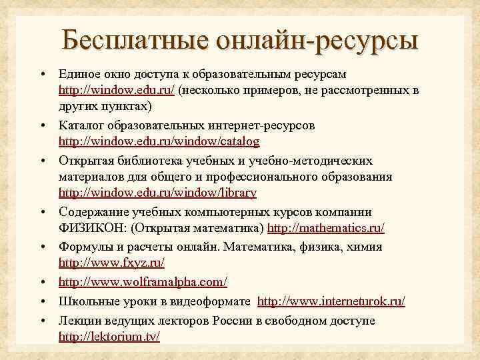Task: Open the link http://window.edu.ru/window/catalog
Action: (159, 142)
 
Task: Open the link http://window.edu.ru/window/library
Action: (157, 194)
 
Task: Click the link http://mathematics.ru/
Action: (326, 229)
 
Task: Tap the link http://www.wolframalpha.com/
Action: (143, 283)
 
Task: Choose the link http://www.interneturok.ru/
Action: (331, 302)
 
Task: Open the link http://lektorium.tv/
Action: (109, 337)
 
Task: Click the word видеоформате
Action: (213, 302)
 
